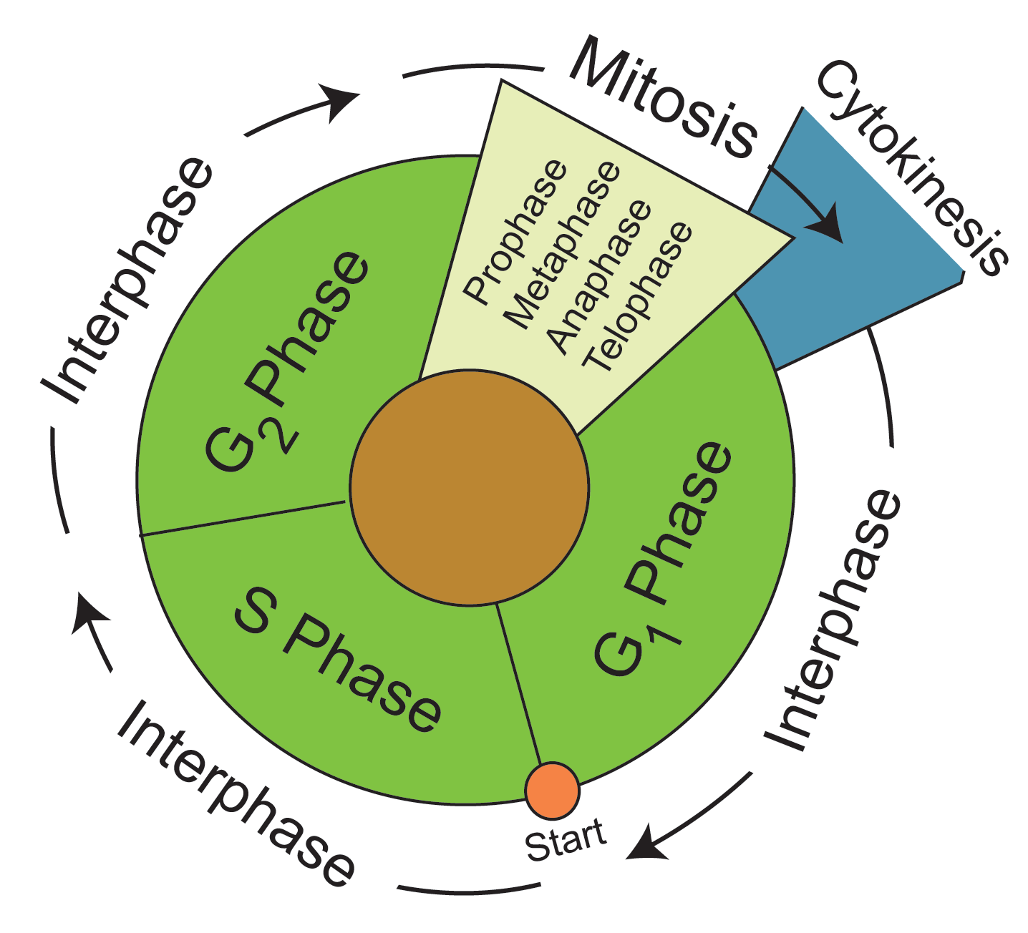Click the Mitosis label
point(662,98)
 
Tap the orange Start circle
point(552,790)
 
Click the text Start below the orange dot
point(566,841)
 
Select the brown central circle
point(469,488)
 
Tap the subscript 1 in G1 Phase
point(664,630)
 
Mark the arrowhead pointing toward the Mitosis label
point(341,100)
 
